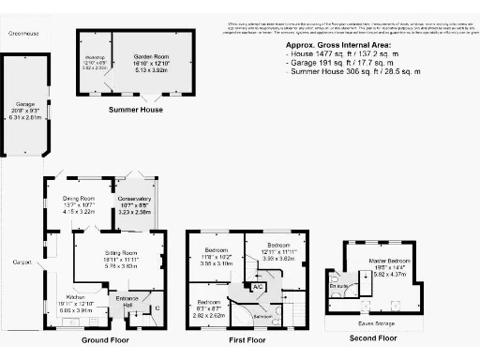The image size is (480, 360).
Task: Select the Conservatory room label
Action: coord(133,199)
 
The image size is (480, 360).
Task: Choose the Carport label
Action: coord(20,262)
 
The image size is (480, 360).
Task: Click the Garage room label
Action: coord(24,104)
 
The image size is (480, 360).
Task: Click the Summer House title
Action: coord(136,110)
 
